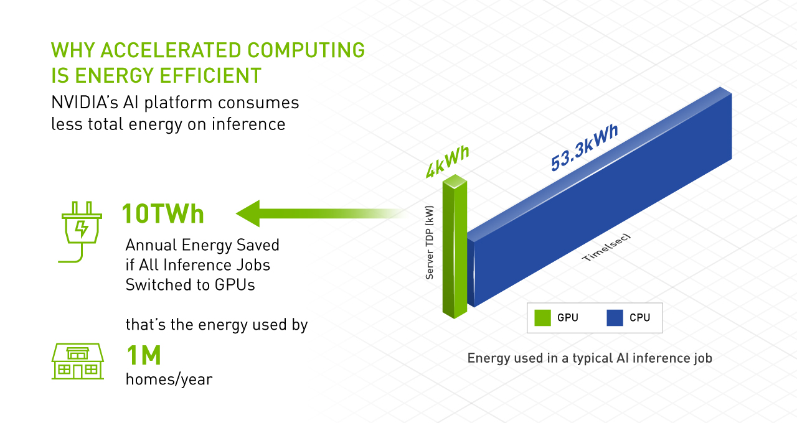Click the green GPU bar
[x=455, y=246]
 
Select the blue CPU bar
[x=600, y=197]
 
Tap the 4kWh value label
[x=448, y=162]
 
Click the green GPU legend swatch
[x=542, y=318]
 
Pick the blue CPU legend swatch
[x=615, y=318]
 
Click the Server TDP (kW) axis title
[x=430, y=243]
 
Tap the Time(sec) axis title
[x=606, y=248]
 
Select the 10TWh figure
[x=163, y=213]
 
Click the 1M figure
[x=144, y=355]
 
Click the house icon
[x=78, y=361]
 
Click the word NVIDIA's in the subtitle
[x=85, y=103]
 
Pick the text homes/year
[x=169, y=379]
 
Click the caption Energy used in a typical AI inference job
[x=590, y=358]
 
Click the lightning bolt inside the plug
[x=82, y=228]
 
